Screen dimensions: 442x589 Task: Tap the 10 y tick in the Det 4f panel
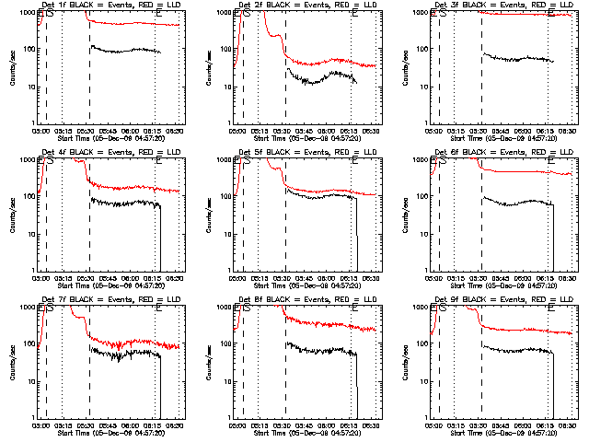pyautogui.click(x=30, y=234)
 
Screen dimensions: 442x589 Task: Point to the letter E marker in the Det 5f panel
pyautogui.click(x=354, y=160)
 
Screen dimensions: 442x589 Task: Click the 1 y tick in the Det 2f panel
pyautogui.click(x=229, y=123)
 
